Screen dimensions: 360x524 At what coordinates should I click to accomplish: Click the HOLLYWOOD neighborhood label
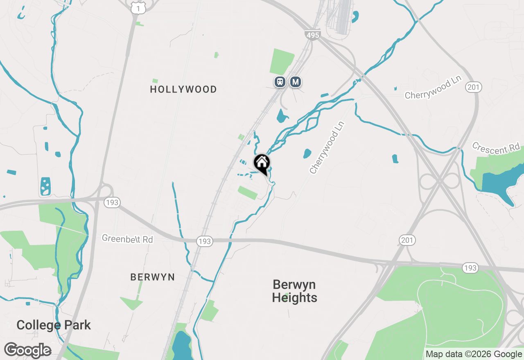pyautogui.click(x=183, y=89)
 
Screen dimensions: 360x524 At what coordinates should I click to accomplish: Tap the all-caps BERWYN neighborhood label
pyautogui.click(x=152, y=277)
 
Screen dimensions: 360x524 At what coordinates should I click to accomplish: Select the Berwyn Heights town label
pyautogui.click(x=294, y=291)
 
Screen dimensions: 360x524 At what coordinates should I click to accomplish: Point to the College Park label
pyautogui.click(x=54, y=325)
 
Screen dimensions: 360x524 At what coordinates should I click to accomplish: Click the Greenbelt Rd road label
pyautogui.click(x=127, y=239)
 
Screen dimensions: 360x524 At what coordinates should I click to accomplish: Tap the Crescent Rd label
pyautogui.click(x=496, y=148)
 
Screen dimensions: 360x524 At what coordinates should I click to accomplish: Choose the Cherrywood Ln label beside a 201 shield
pyautogui.click(x=433, y=89)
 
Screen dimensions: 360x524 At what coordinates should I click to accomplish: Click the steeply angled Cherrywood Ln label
pyautogui.click(x=326, y=147)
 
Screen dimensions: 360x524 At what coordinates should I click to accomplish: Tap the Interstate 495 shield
pyautogui.click(x=312, y=35)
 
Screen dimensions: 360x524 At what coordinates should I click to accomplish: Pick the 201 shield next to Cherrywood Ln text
pyautogui.click(x=473, y=87)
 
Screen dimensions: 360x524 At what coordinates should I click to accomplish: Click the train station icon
pyautogui.click(x=280, y=81)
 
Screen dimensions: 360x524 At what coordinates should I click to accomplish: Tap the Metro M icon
pyautogui.click(x=295, y=82)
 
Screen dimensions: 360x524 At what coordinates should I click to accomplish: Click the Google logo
pyautogui.click(x=27, y=351)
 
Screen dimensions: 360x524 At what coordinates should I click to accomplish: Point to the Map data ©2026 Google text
pyautogui.click(x=473, y=354)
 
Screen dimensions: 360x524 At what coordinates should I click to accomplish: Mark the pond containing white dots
pyautogui.click(x=46, y=186)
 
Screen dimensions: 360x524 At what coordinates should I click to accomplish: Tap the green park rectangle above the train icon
pyautogui.click(x=282, y=62)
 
